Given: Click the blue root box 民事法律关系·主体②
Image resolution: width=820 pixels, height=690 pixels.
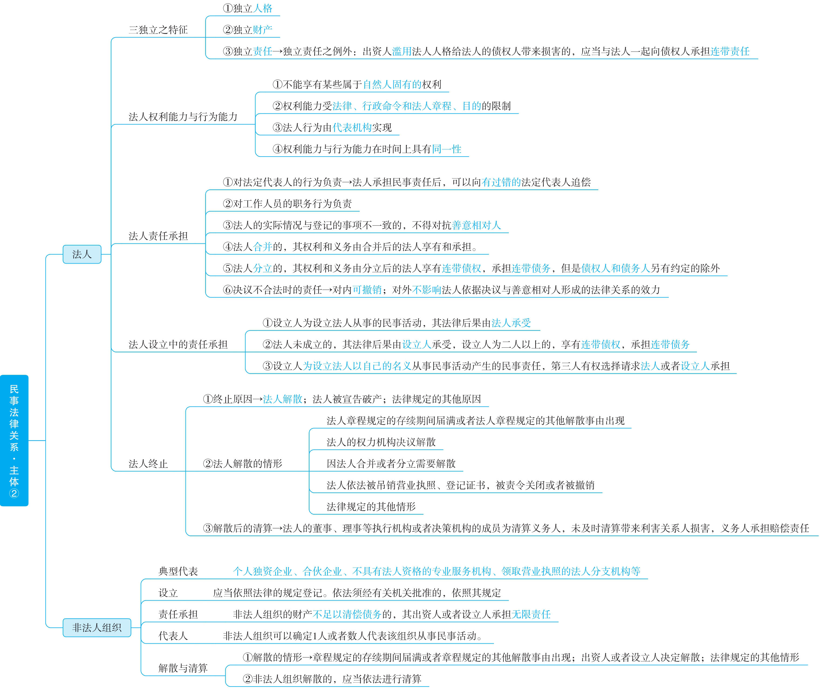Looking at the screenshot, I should click(x=14, y=440).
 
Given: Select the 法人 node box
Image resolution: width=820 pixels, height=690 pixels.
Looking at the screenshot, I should click(x=82, y=254).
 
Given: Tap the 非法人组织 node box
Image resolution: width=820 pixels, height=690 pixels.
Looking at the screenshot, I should click(x=97, y=627).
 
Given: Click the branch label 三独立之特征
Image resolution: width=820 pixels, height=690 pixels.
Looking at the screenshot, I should click(x=158, y=30).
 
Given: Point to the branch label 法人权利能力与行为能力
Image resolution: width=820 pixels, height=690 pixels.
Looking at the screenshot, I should click(x=183, y=116).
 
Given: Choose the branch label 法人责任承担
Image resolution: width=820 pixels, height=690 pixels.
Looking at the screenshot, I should click(x=158, y=236).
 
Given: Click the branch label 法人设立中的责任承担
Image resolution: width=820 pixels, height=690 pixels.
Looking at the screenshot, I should click(x=178, y=344).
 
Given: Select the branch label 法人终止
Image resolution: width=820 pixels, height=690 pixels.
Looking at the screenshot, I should click(x=148, y=464).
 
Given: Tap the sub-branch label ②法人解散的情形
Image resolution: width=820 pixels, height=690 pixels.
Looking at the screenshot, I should click(x=242, y=464).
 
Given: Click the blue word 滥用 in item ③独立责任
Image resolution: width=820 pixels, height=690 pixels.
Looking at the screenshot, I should click(x=402, y=51).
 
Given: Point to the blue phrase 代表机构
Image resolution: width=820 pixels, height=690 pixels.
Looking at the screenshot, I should click(x=352, y=127).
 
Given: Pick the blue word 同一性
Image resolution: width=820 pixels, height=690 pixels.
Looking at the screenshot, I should click(x=447, y=149).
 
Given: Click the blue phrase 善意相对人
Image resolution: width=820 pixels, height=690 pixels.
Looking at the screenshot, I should click(x=476, y=225).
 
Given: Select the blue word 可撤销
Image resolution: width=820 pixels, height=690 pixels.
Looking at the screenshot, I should click(x=367, y=290).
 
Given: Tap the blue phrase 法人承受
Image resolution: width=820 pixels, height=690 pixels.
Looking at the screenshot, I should click(x=511, y=323).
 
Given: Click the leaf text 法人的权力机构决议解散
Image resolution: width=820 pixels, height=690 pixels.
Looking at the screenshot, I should click(x=381, y=442).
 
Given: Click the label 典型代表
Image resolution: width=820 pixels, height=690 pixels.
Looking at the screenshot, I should click(x=178, y=571).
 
